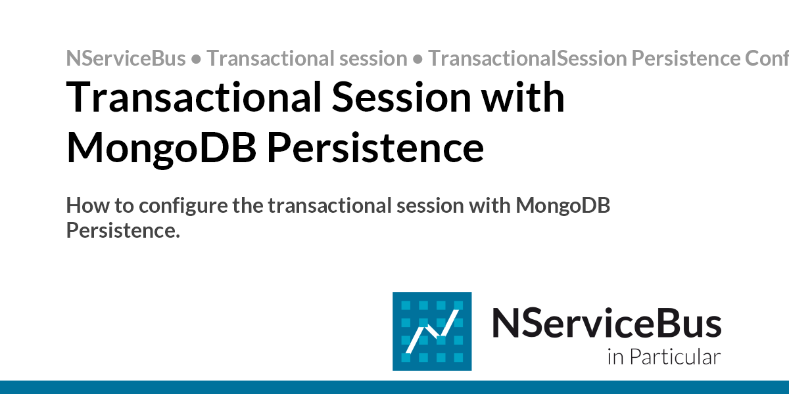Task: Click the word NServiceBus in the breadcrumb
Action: coord(126,58)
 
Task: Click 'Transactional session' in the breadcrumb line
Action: coord(307,58)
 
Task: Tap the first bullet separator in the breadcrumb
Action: coord(196,59)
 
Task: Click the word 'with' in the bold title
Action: coord(523,97)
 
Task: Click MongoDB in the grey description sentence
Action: coord(563,206)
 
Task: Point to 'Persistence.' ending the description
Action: coord(123,230)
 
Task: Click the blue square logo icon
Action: coord(432,331)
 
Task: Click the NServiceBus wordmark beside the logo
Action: coord(606,324)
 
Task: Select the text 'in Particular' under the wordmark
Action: coord(663,357)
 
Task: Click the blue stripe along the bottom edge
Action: coord(394,387)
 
